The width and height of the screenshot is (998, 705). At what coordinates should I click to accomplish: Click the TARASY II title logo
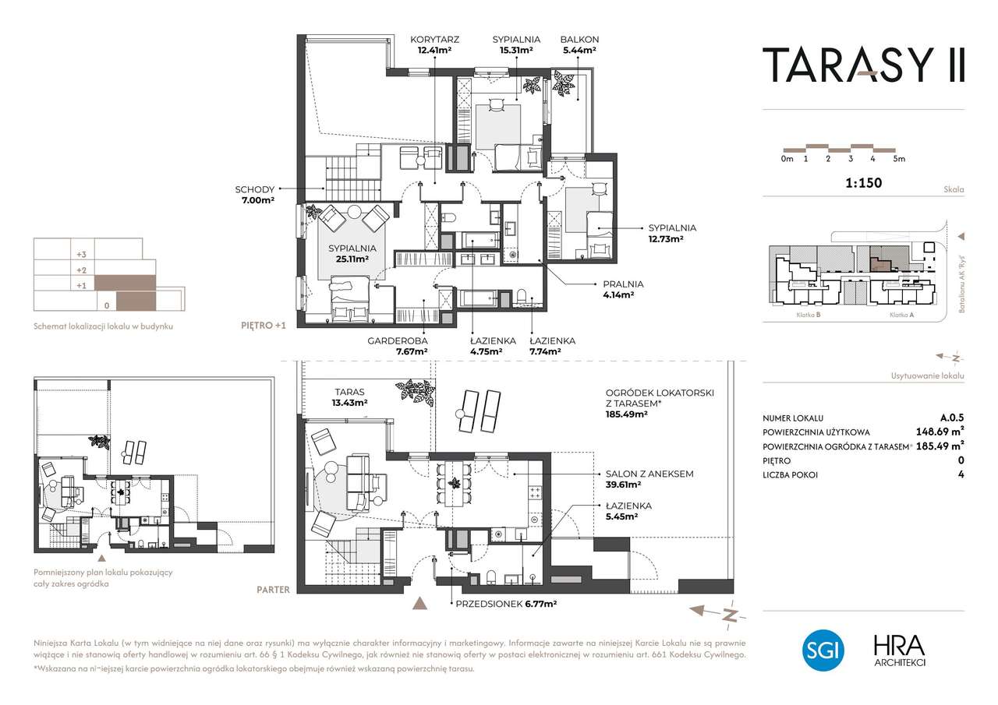pyautogui.click(x=863, y=65)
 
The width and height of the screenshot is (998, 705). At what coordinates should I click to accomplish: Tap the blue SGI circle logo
pyautogui.click(x=823, y=650)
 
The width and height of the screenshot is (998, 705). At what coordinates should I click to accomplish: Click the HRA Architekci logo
pyautogui.click(x=900, y=651)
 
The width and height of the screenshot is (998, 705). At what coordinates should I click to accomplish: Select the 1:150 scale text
pyautogui.click(x=863, y=182)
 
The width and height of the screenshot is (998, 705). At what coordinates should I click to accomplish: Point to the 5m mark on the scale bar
pyautogui.click(x=899, y=159)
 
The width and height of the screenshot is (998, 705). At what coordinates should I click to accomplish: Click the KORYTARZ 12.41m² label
pyautogui.click(x=434, y=44)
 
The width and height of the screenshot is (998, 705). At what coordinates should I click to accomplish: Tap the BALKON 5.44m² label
pyautogui.click(x=579, y=44)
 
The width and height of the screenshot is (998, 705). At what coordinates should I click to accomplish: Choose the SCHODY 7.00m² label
pyautogui.click(x=255, y=195)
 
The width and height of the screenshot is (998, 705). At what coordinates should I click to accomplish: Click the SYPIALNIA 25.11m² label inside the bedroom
pyautogui.click(x=352, y=253)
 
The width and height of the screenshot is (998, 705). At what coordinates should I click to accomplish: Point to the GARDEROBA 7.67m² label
pyautogui.click(x=398, y=346)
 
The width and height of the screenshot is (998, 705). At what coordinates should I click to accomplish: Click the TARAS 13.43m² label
pyautogui.click(x=350, y=397)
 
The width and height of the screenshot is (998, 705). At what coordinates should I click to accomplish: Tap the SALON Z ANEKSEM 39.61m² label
pyautogui.click(x=649, y=479)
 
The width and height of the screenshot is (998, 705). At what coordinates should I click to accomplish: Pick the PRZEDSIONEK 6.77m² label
pyautogui.click(x=506, y=604)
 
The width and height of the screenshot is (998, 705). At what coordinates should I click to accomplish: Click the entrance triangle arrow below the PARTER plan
pyautogui.click(x=419, y=603)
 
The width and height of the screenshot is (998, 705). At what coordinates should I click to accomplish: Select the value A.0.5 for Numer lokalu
pyautogui.click(x=952, y=418)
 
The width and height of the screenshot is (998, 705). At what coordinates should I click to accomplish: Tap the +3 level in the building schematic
pyautogui.click(x=81, y=255)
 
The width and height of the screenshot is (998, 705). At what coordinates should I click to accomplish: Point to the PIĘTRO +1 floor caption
pyautogui.click(x=264, y=326)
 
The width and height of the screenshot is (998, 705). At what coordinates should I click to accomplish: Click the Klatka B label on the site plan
pyautogui.click(x=809, y=315)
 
